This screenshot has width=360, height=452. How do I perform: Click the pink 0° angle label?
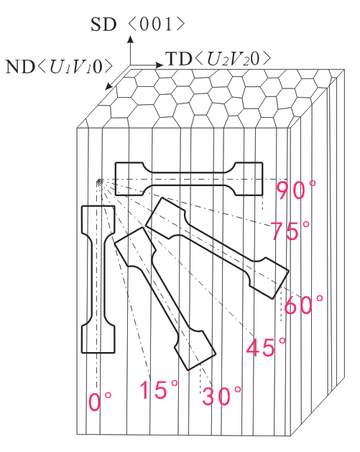point(99,401)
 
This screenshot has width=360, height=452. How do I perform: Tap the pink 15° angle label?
point(159,389)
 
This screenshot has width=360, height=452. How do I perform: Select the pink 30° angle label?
point(221,396)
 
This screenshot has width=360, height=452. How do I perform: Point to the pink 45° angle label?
point(266,347)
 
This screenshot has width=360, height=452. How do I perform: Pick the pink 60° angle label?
point(303,305)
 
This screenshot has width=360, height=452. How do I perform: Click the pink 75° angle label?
point(290,231)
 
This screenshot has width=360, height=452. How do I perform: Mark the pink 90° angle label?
point(296,190)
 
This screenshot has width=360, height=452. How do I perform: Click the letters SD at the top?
point(103,24)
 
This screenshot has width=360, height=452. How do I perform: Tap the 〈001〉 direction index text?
point(156,24)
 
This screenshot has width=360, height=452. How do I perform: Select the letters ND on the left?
point(21,67)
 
